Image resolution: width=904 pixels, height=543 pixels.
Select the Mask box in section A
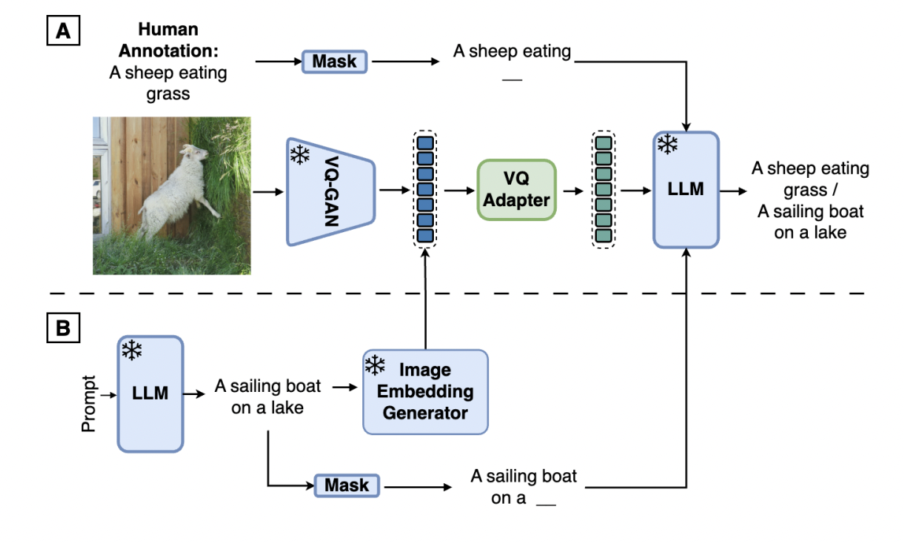click(335, 61)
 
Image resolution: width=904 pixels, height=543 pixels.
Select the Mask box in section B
click(346, 486)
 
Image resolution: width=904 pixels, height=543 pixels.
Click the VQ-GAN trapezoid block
click(331, 190)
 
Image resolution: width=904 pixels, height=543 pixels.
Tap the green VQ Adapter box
click(516, 190)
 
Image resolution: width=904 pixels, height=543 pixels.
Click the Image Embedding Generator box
click(425, 392)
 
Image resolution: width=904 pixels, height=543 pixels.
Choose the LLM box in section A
click(686, 190)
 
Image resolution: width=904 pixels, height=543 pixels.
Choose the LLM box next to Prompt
click(150, 393)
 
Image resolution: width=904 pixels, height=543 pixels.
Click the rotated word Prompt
click(89, 402)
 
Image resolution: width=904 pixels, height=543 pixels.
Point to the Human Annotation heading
click(167, 39)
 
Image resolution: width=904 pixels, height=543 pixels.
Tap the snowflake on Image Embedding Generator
click(375, 364)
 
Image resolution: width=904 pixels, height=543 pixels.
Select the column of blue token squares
click(425, 190)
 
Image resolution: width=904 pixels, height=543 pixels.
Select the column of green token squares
click(603, 190)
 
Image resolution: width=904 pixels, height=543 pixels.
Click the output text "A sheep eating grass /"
click(810, 179)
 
